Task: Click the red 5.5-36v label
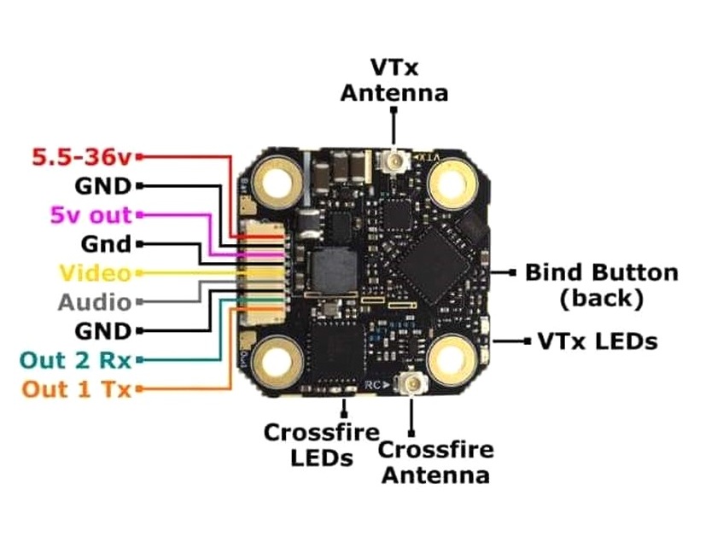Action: (83, 157)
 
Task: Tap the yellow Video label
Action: (95, 273)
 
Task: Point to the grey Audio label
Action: (95, 302)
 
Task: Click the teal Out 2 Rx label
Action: (76, 360)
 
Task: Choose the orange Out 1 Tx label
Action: (76, 389)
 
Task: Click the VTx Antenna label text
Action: (394, 80)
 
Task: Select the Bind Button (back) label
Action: (601, 285)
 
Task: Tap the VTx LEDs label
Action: (598, 341)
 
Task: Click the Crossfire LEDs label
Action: (308, 445)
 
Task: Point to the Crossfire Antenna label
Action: (435, 462)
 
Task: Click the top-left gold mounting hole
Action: (277, 182)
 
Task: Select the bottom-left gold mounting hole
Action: (277, 359)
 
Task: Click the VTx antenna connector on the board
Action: (394, 159)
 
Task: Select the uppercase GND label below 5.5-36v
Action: (104, 186)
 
